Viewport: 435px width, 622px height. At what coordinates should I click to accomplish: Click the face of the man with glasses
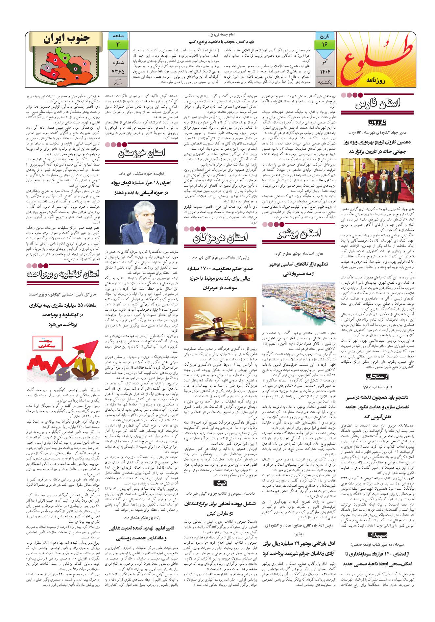tap(146, 219)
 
